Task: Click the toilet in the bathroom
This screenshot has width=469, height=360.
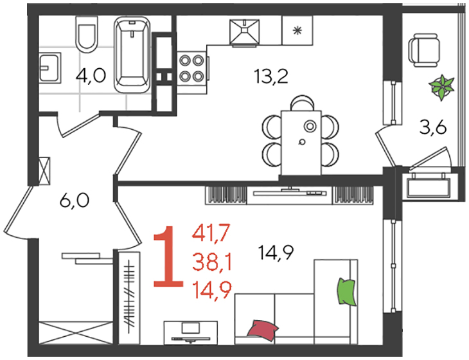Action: coord(87,34)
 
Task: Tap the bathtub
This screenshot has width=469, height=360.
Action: coord(132,55)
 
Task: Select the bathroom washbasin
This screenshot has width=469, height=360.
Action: coord(50,68)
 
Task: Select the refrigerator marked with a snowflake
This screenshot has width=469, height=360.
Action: coord(297,30)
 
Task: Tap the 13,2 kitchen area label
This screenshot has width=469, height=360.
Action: coord(271,76)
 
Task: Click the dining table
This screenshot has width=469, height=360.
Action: coord(301,143)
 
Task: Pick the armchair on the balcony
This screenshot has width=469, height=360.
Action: coord(424,51)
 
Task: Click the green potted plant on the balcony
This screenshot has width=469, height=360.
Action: coord(441,87)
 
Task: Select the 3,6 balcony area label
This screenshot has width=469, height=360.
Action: coord(433,128)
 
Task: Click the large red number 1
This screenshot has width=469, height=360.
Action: coord(168,257)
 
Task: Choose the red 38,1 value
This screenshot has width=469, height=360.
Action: coord(212,261)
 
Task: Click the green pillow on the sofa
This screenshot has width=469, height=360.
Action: coord(347,291)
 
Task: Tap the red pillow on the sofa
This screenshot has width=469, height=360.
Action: coord(262,330)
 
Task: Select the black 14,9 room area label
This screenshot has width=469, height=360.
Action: coord(276,252)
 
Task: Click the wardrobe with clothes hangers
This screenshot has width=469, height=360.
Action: coord(129,298)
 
